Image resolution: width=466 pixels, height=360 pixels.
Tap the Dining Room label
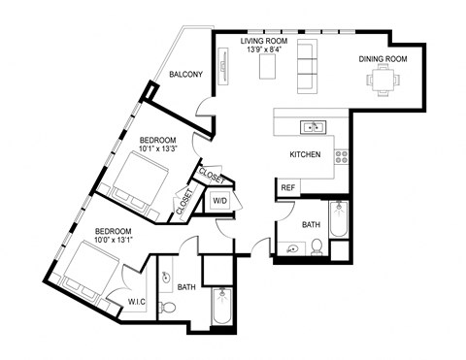coord(383,59)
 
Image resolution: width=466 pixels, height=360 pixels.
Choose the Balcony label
coord(185,74)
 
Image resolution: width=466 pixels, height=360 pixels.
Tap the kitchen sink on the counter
coord(313,126)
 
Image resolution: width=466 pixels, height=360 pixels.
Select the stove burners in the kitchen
coord(341,153)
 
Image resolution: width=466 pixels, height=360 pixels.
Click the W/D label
coord(220,202)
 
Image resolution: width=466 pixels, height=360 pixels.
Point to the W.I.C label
coord(136,302)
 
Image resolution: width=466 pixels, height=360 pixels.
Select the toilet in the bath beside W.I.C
coord(167,308)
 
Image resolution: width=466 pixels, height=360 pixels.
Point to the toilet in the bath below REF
coord(316,248)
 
